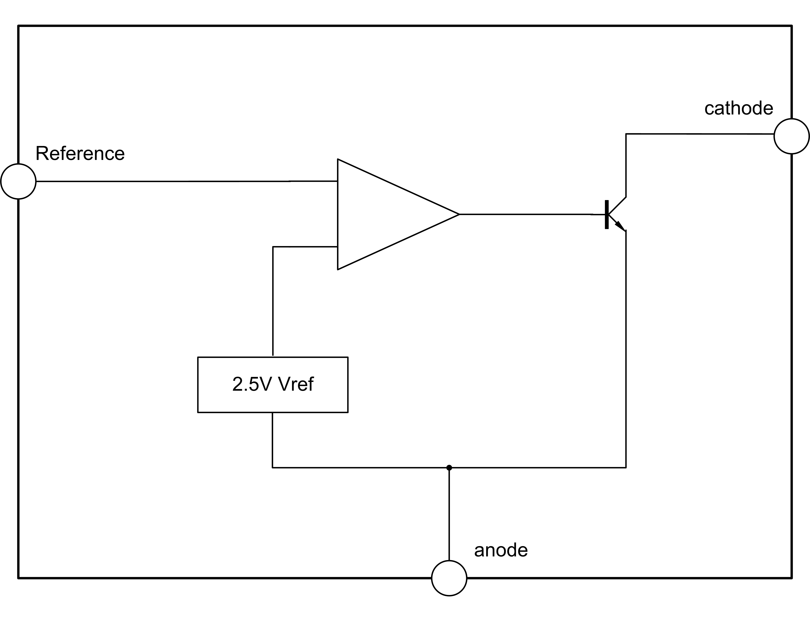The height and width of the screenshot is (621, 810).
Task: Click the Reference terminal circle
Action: (x=18, y=181)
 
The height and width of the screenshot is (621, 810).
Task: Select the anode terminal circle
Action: (x=449, y=578)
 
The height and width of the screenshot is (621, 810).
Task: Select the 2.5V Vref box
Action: (x=273, y=385)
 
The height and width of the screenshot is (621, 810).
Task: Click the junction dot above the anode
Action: (x=449, y=468)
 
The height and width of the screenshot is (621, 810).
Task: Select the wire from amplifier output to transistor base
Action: (x=525, y=214)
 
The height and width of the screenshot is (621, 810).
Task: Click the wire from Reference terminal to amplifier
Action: (x=185, y=181)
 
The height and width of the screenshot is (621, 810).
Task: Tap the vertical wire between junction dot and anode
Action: (x=449, y=514)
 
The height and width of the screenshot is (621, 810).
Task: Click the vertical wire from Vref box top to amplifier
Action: (x=273, y=299)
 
